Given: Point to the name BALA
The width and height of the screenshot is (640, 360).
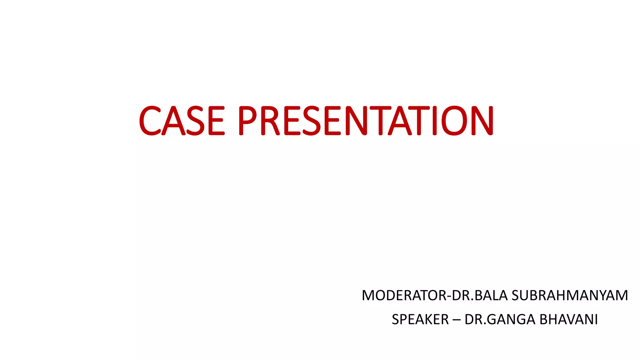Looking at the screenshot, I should (491, 295).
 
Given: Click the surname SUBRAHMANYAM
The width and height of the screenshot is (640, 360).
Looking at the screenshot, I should (570, 295).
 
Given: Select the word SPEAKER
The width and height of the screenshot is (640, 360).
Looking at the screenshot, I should (420, 319).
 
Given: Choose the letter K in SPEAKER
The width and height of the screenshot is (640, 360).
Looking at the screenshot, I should (431, 319).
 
